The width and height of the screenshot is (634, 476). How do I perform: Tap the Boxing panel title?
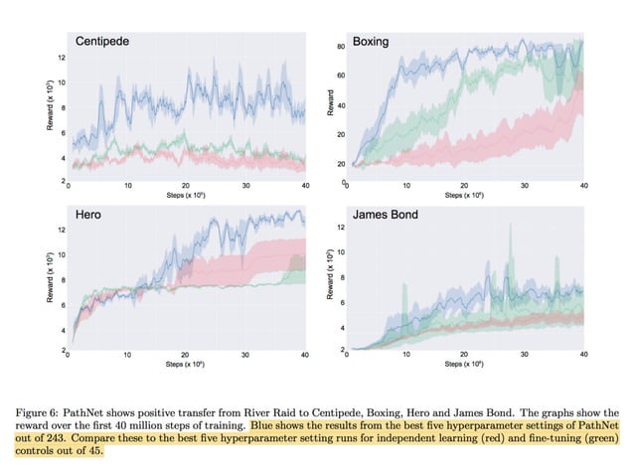point(370,43)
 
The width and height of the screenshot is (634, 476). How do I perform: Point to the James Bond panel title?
point(386,214)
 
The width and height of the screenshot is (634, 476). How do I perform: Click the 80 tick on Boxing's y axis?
point(340,47)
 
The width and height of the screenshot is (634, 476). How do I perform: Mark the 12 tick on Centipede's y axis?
point(62,60)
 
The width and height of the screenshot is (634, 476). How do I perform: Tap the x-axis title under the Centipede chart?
point(186,196)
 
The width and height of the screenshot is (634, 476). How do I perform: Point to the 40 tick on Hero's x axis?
point(304,355)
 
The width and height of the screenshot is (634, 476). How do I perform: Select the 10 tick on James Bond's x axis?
point(405,355)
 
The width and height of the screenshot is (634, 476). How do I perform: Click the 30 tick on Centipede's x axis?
point(245,186)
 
